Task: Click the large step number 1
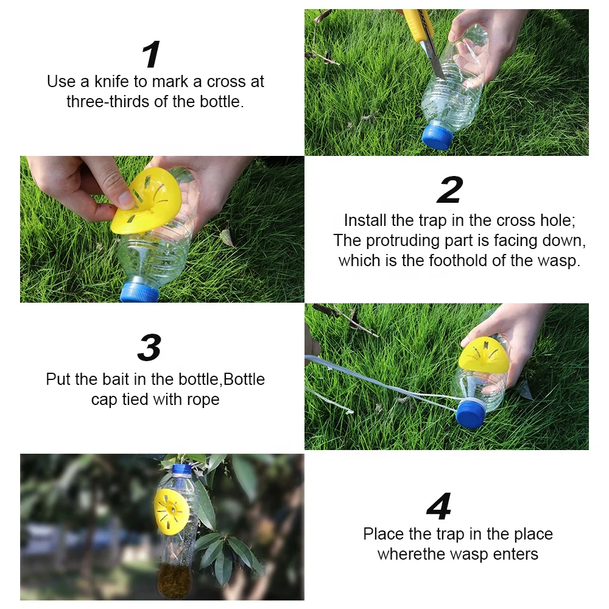tap(151, 54)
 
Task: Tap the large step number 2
tap(450, 190)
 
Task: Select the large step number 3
tap(150, 348)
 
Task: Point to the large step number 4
tap(439, 506)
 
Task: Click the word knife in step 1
tap(111, 82)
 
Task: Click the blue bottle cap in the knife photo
tap(437, 136)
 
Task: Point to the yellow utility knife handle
tap(419, 23)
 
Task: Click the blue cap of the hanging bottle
tap(181, 470)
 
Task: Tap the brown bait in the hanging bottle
tap(174, 582)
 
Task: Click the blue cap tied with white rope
tap(471, 414)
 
